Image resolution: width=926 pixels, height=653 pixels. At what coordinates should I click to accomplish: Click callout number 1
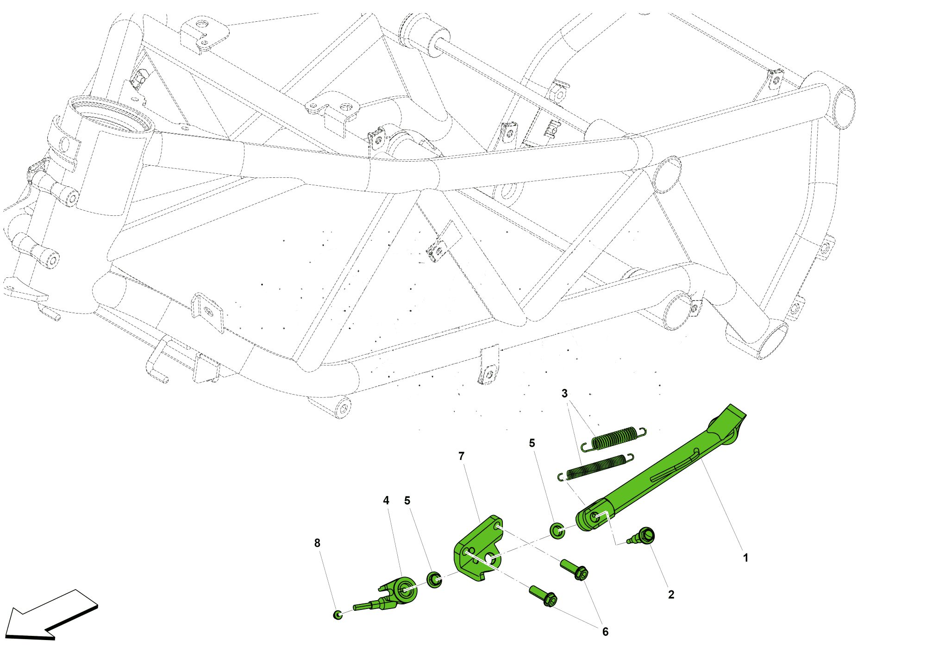[745, 558]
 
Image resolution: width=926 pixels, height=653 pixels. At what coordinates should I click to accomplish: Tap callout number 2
[671, 595]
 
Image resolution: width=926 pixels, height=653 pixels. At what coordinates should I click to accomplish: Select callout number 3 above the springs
[564, 394]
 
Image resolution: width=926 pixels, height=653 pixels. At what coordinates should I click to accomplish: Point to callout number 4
[386, 501]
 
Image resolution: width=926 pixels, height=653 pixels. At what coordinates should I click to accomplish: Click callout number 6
[605, 632]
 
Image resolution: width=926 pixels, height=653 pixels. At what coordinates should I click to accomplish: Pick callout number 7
[461, 456]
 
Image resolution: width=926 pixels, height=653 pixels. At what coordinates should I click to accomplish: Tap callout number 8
[317, 543]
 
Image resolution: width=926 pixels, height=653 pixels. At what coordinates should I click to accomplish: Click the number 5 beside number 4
[407, 501]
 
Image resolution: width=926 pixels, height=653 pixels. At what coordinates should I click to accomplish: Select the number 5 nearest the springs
[532, 443]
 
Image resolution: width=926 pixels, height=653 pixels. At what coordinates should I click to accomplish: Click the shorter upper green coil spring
[614, 438]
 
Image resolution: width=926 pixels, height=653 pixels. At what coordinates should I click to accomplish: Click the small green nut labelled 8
[338, 615]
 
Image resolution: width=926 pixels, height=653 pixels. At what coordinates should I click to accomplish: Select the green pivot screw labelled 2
[642, 536]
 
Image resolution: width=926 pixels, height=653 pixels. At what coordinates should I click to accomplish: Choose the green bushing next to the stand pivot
[557, 531]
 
